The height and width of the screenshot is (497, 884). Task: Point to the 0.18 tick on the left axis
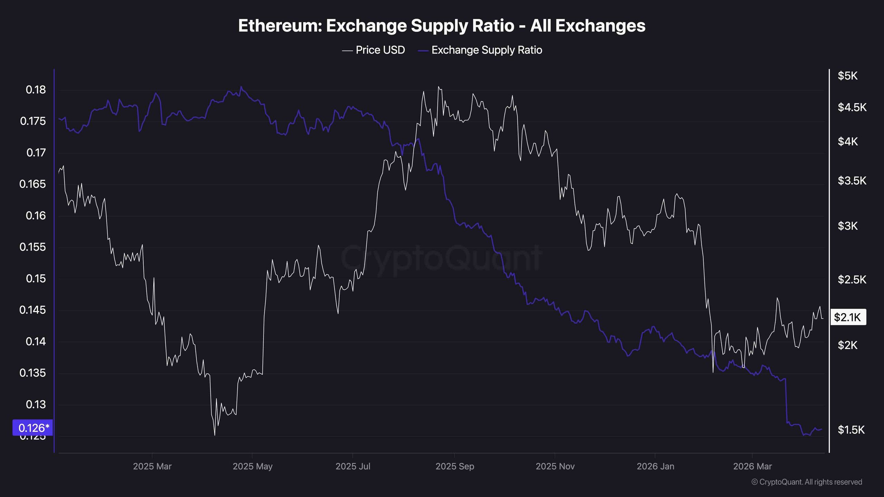[36, 90]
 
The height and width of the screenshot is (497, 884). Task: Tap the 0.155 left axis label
[32, 247]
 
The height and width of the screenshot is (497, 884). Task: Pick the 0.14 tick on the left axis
[36, 342]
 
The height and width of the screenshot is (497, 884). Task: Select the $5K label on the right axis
[847, 76]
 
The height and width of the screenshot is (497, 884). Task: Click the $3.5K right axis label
[852, 181]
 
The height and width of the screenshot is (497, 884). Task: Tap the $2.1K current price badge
[848, 317]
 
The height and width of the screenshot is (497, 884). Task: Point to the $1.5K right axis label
[851, 430]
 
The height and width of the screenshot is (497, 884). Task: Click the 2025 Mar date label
[152, 467]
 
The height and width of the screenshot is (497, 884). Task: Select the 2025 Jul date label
[353, 467]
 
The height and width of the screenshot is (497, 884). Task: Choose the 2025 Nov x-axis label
[555, 467]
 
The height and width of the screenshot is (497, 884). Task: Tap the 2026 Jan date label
[655, 467]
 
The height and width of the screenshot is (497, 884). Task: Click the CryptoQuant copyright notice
[807, 482]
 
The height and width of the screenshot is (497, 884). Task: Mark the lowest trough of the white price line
[215, 435]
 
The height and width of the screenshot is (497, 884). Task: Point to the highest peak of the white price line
[438, 87]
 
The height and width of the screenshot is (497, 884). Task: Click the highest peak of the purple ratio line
[241, 87]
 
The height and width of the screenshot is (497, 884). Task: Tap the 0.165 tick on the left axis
[32, 184]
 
